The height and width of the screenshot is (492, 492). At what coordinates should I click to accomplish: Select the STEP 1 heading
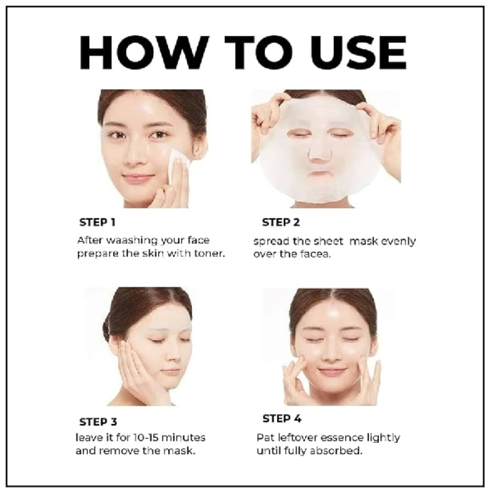[x=98, y=222]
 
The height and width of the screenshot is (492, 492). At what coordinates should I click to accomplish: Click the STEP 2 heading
[x=280, y=222]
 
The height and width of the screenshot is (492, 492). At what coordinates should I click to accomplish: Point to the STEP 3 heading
[x=98, y=422]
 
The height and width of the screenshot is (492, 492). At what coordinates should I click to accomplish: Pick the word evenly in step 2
[x=399, y=240]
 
